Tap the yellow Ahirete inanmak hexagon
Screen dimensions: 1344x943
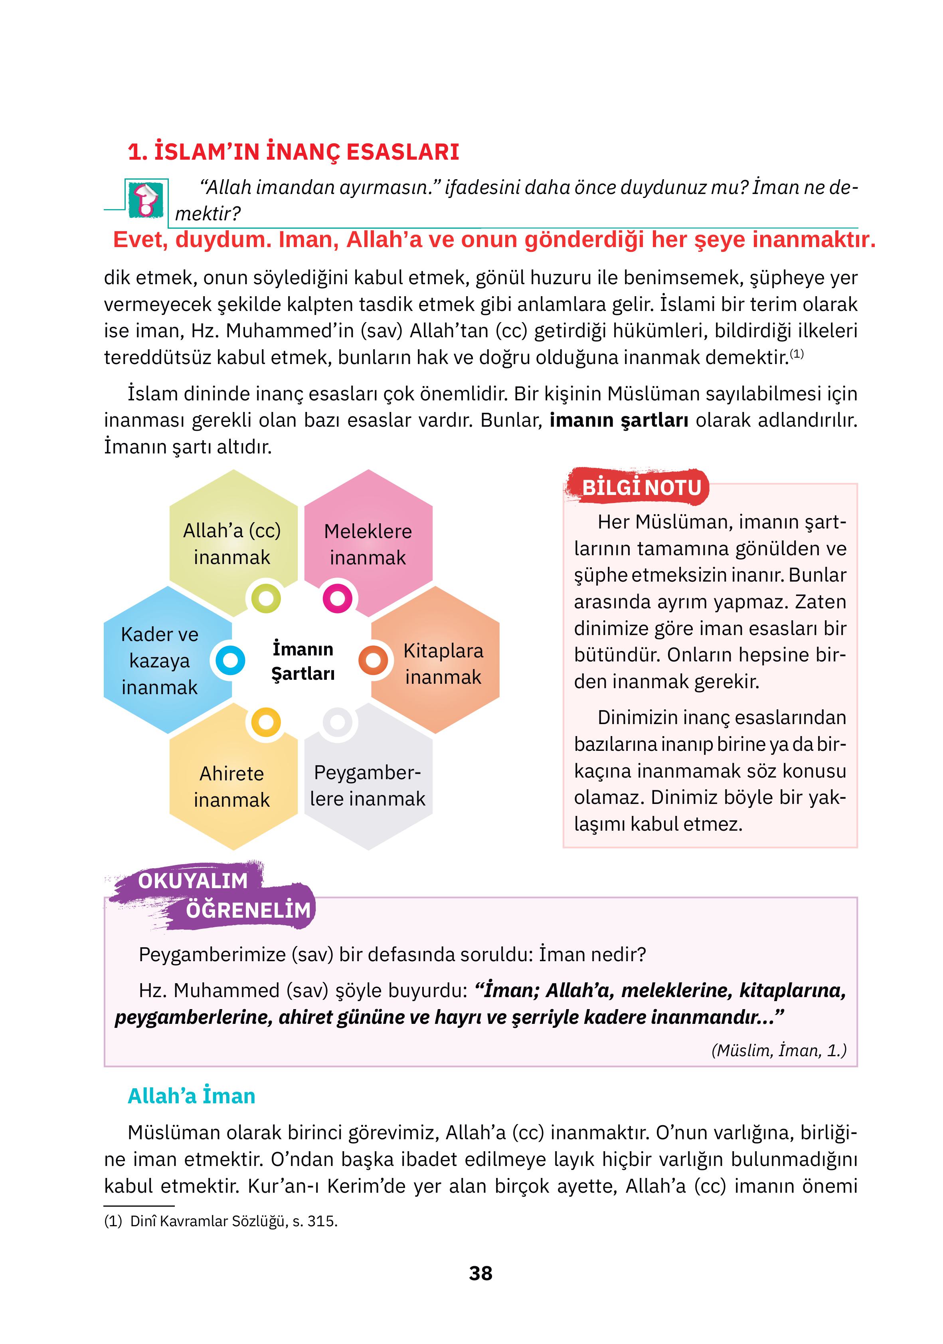click(232, 786)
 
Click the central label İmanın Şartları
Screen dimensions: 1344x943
click(302, 661)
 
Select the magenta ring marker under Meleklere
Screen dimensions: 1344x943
click(338, 598)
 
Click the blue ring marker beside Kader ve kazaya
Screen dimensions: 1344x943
click(230, 660)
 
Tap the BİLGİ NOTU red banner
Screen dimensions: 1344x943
click(641, 487)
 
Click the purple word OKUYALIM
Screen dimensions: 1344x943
click(193, 881)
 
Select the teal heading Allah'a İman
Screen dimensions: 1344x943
click(192, 1095)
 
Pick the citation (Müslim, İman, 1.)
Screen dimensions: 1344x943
click(779, 1050)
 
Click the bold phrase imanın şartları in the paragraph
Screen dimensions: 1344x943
click(619, 420)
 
